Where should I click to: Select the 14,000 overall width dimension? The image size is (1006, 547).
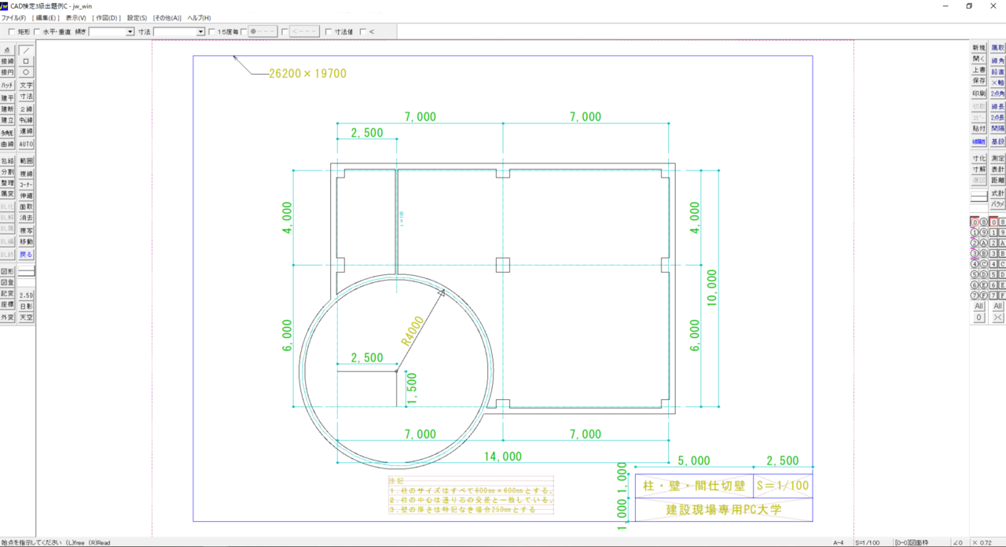pyautogui.click(x=502, y=456)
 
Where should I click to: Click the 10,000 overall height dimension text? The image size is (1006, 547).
pyautogui.click(x=712, y=287)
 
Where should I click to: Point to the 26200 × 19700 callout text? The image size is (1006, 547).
pyautogui.click(x=307, y=74)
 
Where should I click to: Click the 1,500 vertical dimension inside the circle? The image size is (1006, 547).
pyautogui.click(x=413, y=387)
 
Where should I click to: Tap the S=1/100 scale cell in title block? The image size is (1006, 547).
pyautogui.click(x=782, y=486)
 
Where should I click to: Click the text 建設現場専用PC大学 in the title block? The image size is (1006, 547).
pyautogui.click(x=724, y=509)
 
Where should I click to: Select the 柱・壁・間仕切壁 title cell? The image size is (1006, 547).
pyautogui.click(x=693, y=486)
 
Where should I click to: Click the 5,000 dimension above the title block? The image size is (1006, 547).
pyautogui.click(x=693, y=461)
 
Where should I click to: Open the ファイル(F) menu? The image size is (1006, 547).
pyautogui.click(x=13, y=17)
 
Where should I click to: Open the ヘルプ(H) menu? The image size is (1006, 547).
pyautogui.click(x=199, y=17)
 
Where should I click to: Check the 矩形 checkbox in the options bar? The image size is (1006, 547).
pyautogui.click(x=11, y=32)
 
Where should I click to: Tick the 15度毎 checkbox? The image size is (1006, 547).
pyautogui.click(x=211, y=32)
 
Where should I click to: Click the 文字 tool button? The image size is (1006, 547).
pyautogui.click(x=26, y=85)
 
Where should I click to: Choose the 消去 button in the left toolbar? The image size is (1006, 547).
pyautogui.click(x=26, y=218)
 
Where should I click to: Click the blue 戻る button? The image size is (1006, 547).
pyautogui.click(x=26, y=255)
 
